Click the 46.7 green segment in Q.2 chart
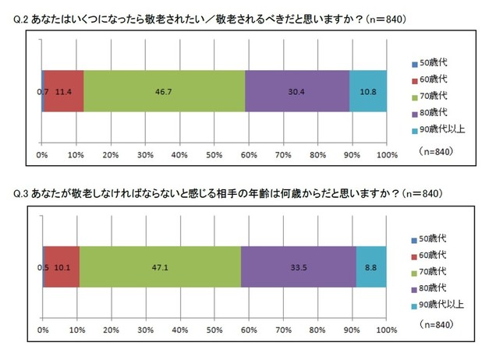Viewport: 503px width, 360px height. point(164,91)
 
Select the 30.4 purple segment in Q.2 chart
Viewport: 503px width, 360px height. point(297,91)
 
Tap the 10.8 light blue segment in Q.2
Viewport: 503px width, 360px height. point(367,91)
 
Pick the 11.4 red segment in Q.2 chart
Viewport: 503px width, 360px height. point(64,91)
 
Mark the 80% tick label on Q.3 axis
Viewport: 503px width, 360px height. point(317,330)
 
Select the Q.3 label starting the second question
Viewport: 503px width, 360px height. point(22,192)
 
